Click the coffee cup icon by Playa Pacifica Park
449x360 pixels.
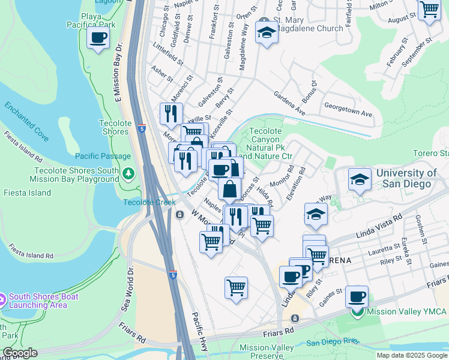pyautogui.click(x=98, y=38)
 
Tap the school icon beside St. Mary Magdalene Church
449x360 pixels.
pyautogui.click(x=265, y=33)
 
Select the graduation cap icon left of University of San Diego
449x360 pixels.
pyautogui.click(x=359, y=179)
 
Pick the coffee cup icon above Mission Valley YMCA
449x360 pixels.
pyautogui.click(x=357, y=296)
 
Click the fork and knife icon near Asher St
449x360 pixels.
pyautogui.click(x=171, y=113)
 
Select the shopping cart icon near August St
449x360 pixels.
pyautogui.click(x=429, y=10)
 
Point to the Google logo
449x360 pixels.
pyautogui.click(x=20, y=353)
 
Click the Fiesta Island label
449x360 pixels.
pyautogui.click(x=20, y=193)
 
